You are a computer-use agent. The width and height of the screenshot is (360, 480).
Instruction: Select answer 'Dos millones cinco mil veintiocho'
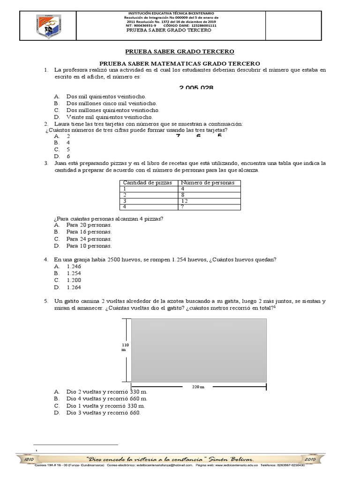(112, 103)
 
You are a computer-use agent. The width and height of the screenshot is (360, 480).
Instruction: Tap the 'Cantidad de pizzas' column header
(147, 182)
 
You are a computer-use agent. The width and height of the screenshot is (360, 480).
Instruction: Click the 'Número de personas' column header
(204, 182)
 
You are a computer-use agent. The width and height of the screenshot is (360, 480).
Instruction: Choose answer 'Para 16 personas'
(89, 232)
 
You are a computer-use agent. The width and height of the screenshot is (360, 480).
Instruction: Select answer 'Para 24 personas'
(89, 239)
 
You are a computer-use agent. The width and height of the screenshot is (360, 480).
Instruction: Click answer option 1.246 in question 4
(74, 266)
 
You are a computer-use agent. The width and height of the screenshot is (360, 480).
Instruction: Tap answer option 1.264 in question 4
(74, 287)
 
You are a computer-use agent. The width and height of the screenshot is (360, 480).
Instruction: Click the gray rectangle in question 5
(199, 350)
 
